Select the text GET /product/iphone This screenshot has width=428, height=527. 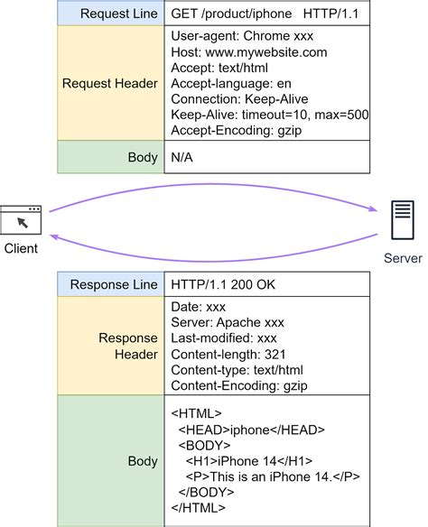229,14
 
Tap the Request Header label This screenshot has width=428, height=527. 110,83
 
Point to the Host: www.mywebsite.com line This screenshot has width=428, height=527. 248,52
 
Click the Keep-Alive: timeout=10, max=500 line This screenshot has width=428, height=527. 269,115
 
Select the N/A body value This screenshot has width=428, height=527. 182,158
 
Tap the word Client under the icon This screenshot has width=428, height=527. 21,249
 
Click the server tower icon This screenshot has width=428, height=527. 402,220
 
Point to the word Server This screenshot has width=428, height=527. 402,258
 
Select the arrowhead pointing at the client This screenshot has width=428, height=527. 54,236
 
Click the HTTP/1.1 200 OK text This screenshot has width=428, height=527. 223,284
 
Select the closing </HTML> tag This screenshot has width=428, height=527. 199,508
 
